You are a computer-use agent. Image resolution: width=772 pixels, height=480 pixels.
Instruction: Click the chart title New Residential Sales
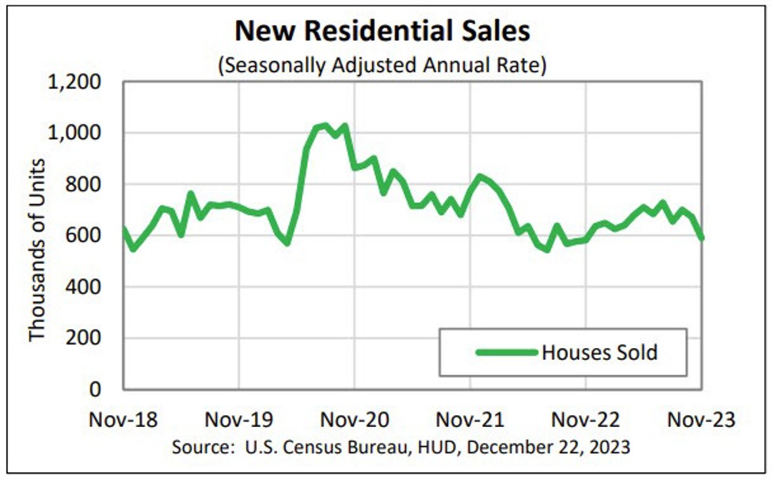pyautogui.click(x=382, y=32)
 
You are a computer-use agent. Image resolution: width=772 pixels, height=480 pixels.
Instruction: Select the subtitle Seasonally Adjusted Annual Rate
pyautogui.click(x=382, y=65)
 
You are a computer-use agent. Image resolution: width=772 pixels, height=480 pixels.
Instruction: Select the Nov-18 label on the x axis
pyautogui.click(x=124, y=420)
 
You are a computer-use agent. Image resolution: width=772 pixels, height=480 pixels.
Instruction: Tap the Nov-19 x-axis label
pyautogui.click(x=239, y=420)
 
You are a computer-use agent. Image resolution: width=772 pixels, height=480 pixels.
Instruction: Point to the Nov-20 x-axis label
pyautogui.click(x=355, y=420)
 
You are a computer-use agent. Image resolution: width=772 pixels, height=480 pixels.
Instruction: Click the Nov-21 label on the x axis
pyautogui.click(x=470, y=420)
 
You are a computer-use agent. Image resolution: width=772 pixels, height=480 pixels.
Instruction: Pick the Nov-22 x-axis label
pyautogui.click(x=586, y=420)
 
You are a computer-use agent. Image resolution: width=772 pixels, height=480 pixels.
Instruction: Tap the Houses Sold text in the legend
pyautogui.click(x=599, y=352)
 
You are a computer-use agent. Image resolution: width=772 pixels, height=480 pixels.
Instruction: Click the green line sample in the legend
pyautogui.click(x=505, y=352)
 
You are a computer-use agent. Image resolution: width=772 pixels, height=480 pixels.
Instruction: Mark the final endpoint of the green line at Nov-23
pyautogui.click(x=702, y=237)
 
